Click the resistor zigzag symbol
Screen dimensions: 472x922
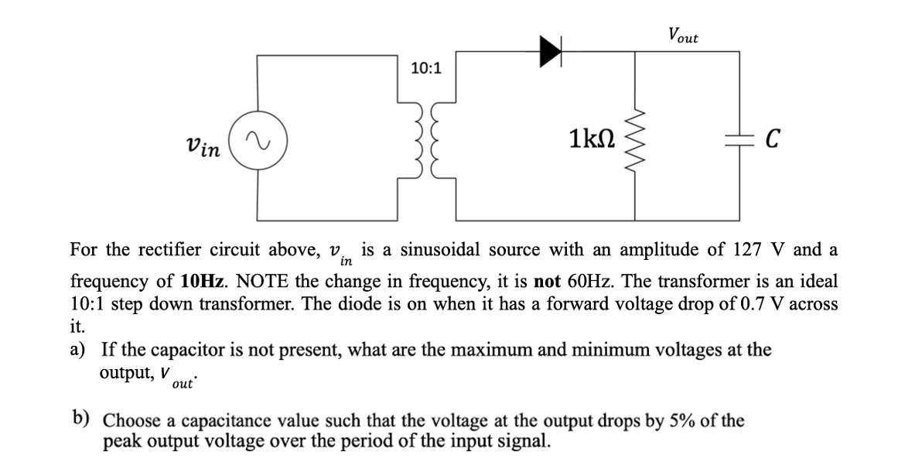634,139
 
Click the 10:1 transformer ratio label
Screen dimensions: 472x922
425,68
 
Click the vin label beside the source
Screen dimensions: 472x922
203,145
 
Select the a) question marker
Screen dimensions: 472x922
78,350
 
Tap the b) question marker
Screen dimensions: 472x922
80,419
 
